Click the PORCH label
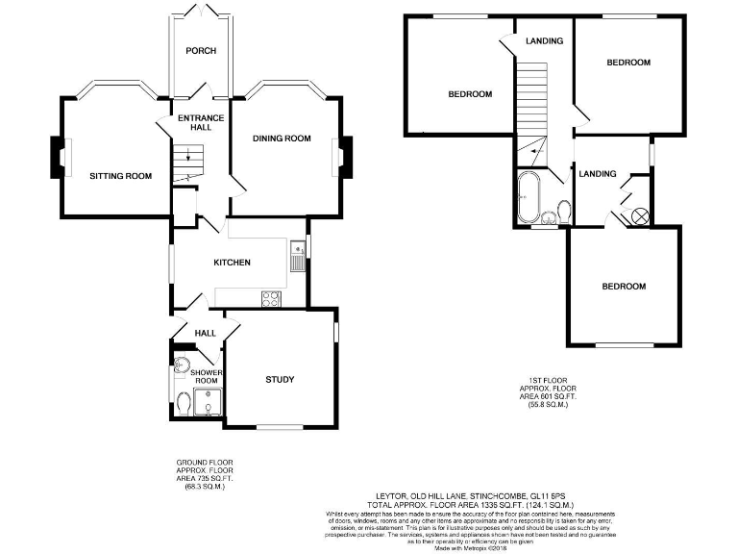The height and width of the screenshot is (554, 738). pos(201,51)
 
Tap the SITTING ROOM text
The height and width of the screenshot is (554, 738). pos(121,176)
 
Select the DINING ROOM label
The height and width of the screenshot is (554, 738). pos(282,138)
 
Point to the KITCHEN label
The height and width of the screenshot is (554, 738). pos(232,263)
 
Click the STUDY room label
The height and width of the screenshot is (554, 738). pos(280,379)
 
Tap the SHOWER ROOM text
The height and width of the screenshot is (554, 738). pos(207,376)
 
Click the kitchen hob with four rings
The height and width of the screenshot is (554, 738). pos(270,298)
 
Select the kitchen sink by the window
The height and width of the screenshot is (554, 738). pos(295,255)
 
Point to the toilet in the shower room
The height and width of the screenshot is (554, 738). pos(184,404)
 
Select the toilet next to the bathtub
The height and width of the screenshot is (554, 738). pos(565,211)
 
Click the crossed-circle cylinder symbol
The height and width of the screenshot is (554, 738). pos(638,216)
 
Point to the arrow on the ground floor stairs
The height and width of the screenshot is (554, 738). pos(188,158)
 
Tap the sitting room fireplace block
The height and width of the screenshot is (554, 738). pos(54,157)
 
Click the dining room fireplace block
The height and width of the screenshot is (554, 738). pos(346,157)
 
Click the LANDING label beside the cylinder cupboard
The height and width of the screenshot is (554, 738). pos(598,173)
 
